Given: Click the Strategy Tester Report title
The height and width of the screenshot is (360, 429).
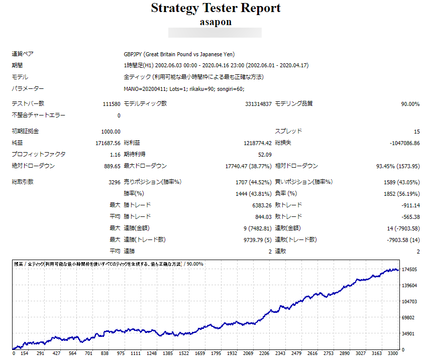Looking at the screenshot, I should (216, 8).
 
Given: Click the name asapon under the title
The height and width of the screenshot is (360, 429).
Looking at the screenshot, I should (216, 22).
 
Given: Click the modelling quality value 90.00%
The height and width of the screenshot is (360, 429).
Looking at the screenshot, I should (410, 104).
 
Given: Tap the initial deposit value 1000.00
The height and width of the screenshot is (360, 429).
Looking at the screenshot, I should (111, 132).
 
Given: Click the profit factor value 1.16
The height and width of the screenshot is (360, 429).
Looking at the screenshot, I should (115, 155).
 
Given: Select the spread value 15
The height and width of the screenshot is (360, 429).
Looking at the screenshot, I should (416, 132).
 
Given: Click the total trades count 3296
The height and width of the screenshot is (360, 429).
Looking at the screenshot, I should (114, 182).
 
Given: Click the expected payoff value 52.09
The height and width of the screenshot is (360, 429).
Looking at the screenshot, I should (265, 155).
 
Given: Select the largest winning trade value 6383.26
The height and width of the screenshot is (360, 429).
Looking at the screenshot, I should (261, 205).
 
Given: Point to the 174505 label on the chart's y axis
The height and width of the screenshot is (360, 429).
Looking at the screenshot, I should (410, 270).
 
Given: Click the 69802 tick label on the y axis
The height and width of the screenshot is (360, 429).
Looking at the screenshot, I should (409, 318).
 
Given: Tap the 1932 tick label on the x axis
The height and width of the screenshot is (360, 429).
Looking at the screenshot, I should (232, 353).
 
